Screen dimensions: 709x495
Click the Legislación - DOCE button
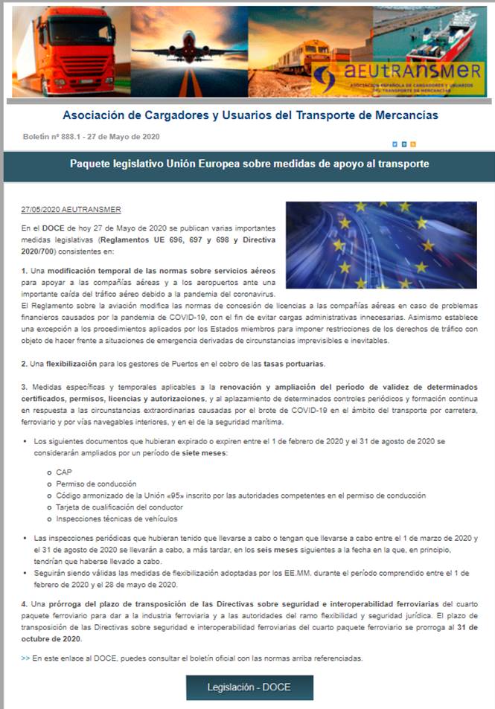249,687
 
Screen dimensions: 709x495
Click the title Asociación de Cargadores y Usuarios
250,115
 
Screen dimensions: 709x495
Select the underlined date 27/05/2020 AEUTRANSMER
71,209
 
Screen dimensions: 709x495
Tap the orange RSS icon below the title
412,144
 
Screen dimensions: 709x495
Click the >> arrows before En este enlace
26,658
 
